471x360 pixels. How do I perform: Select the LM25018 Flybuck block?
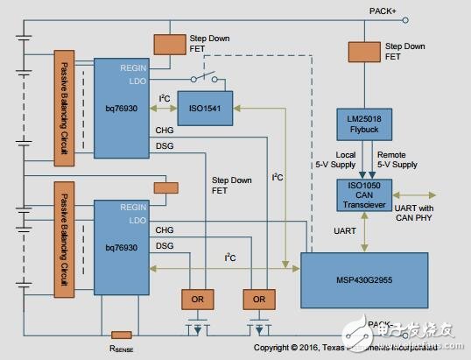click(362, 122)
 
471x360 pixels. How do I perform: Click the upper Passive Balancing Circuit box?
click(62, 107)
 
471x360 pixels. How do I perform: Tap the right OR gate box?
click(257, 299)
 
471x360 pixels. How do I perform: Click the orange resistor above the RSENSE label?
click(122, 335)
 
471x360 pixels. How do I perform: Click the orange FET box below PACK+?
click(362, 50)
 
